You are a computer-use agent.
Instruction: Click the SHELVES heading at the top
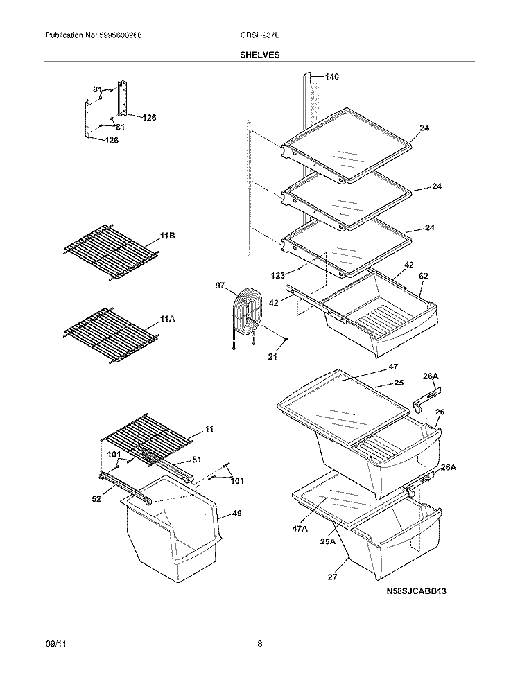[260, 54]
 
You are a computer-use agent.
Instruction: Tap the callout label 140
[331, 77]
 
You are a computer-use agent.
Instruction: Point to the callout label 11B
[167, 236]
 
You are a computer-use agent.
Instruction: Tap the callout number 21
[272, 356]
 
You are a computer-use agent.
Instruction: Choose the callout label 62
[423, 276]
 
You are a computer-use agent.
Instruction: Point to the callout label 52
[97, 498]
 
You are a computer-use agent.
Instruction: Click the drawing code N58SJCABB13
[416, 592]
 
